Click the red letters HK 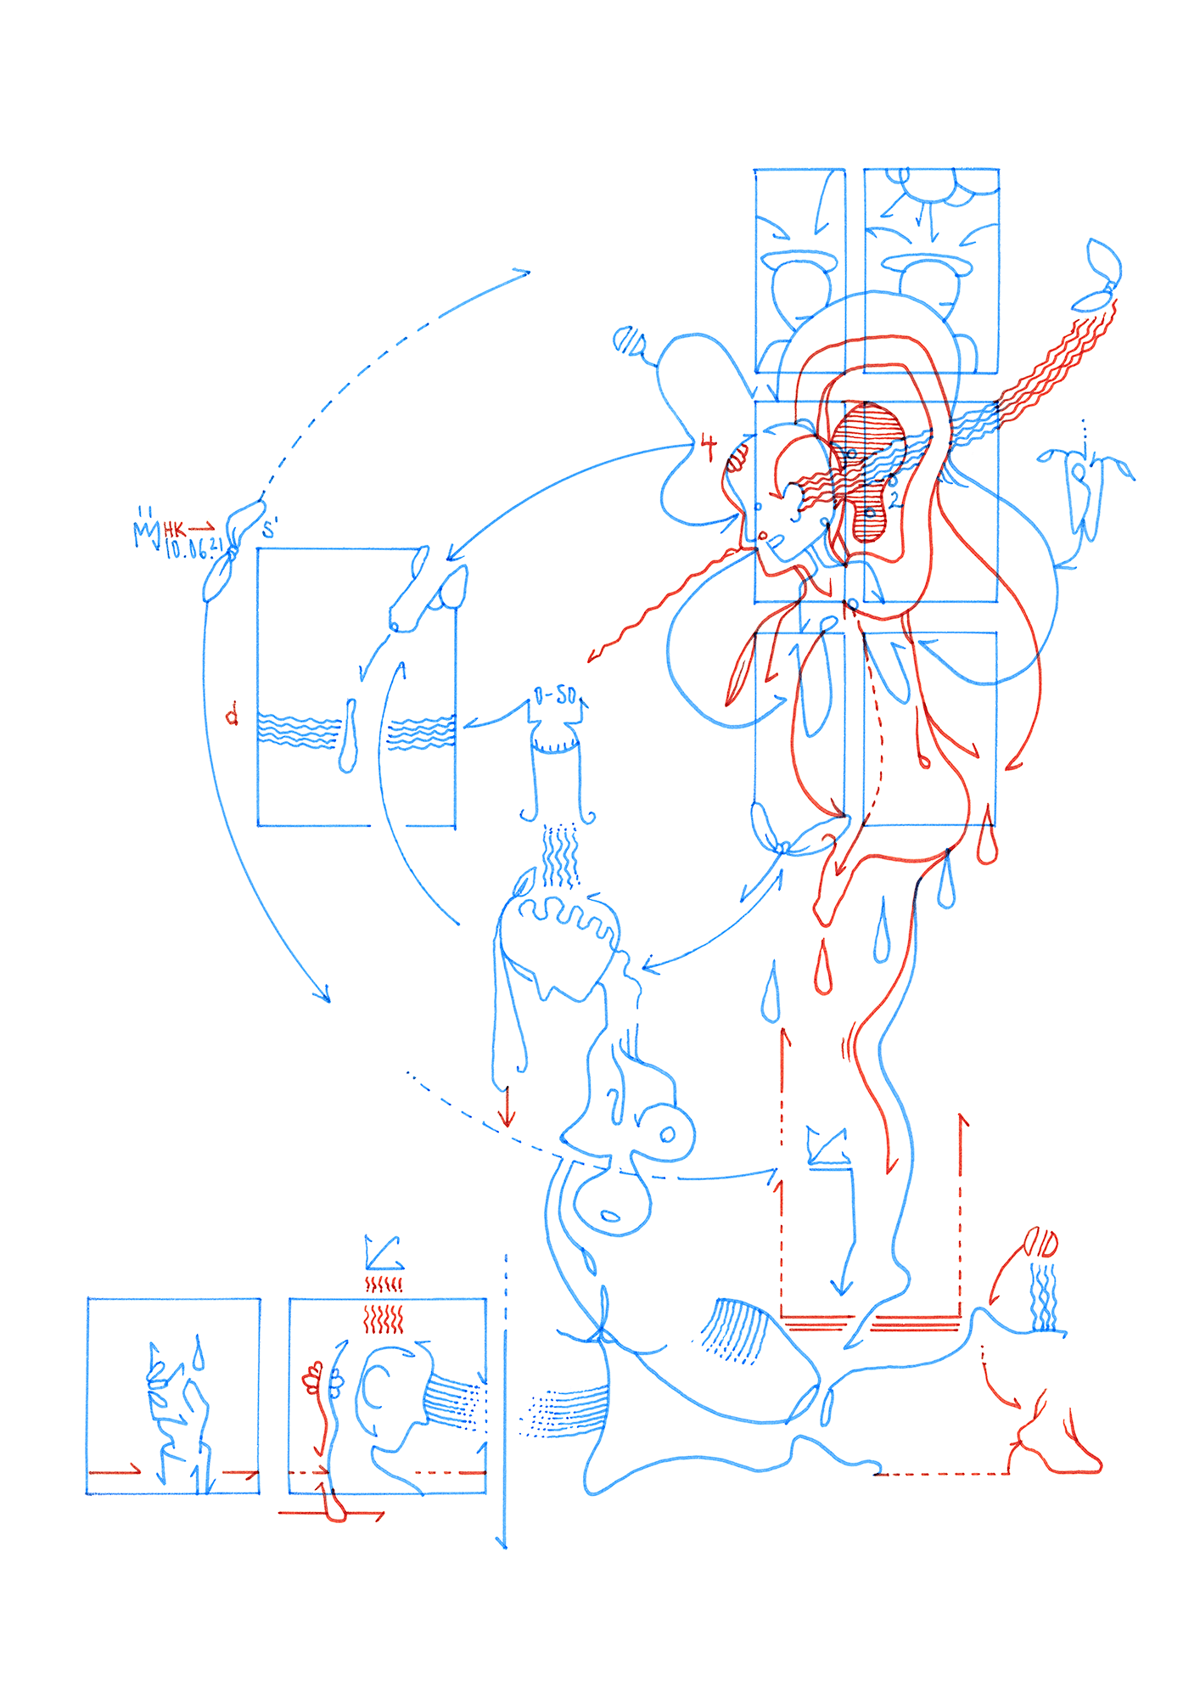point(175,530)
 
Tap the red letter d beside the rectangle point(232,715)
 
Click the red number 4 point(708,447)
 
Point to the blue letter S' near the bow point(270,530)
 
